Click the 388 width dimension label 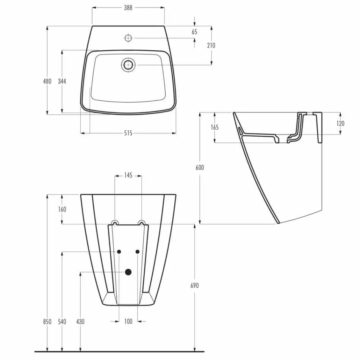128,8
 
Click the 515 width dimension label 128,133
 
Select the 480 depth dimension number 47,81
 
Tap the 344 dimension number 62,81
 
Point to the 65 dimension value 194,32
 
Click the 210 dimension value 211,45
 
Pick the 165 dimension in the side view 214,127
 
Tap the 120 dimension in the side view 340,124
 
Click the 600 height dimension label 200,167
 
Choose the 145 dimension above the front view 128,175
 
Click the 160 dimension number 62,209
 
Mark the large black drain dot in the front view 128,271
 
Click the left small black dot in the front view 119,252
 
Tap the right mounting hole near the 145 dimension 141,222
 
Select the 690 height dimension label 194,286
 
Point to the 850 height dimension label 47,321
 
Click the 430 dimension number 80,321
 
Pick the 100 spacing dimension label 128,321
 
